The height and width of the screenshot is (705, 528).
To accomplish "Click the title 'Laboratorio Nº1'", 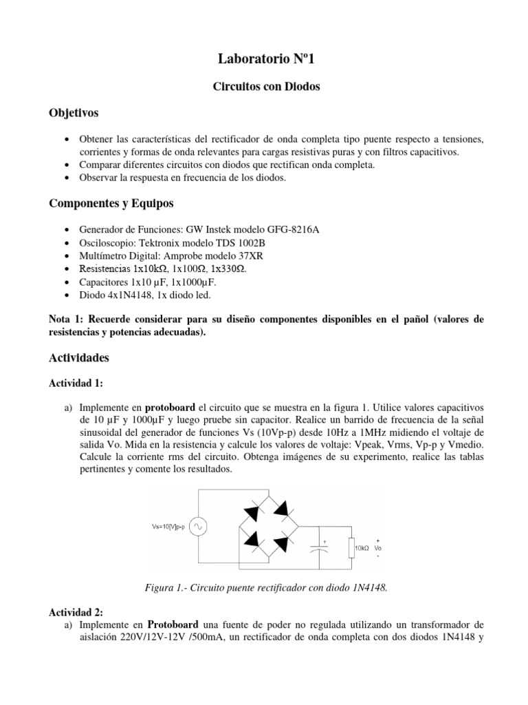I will pyautogui.click(x=264, y=61).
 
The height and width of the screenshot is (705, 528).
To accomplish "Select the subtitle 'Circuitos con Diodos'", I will pyautogui.click(x=264, y=89).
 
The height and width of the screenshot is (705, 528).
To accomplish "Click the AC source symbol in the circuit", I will pyautogui.click(x=200, y=527).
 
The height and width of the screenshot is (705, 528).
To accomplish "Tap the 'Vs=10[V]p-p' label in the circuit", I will pyautogui.click(x=170, y=527).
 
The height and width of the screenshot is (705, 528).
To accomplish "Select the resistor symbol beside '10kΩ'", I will pyautogui.click(x=352, y=548).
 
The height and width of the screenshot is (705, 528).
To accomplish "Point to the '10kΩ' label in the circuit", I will pyautogui.click(x=363, y=549).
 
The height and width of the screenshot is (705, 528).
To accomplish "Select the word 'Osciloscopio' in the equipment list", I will pyautogui.click(x=107, y=242).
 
